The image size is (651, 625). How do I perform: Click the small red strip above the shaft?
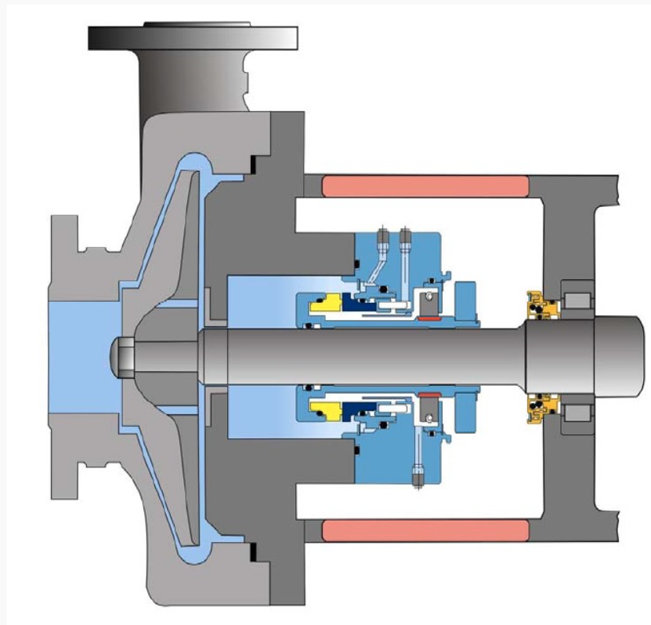click(429, 318)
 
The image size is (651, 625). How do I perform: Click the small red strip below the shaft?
click(429, 392)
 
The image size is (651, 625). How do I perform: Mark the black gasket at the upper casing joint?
click(253, 165)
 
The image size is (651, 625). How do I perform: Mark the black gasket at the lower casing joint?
click(253, 552)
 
